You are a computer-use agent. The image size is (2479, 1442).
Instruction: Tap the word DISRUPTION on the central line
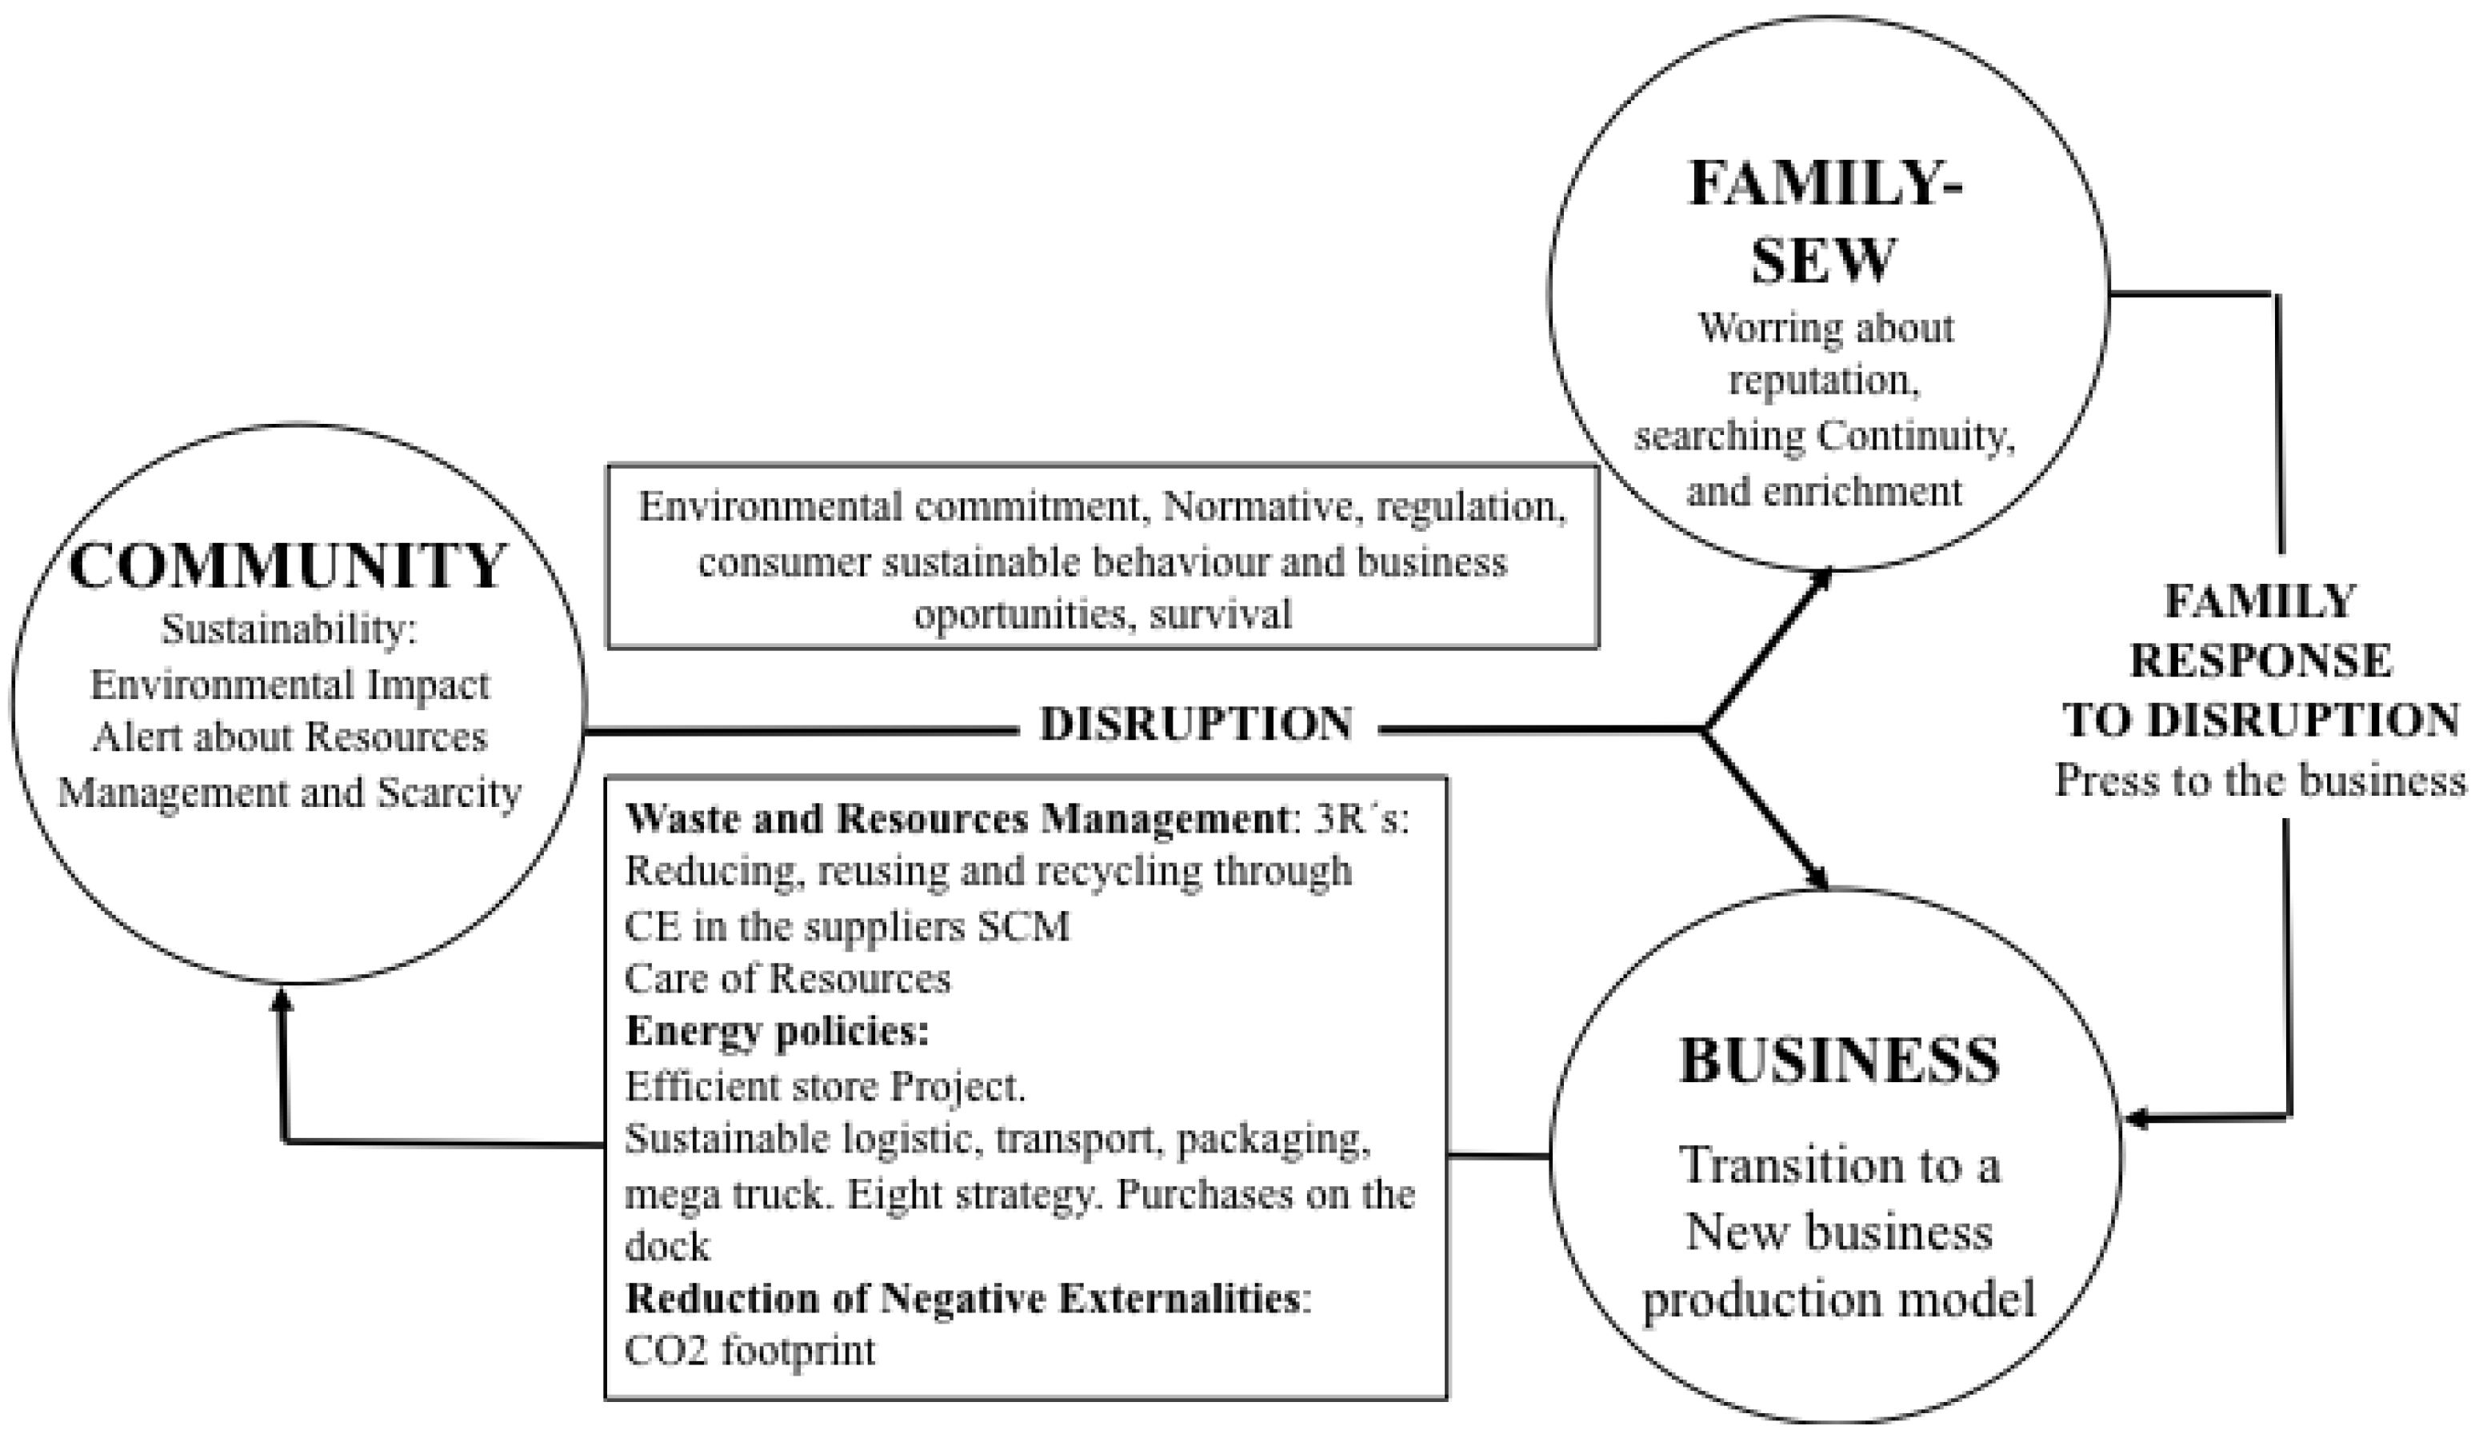(1196, 725)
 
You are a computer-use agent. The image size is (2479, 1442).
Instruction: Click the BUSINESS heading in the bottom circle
(1838, 1061)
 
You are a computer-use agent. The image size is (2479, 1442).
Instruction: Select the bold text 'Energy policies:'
(778, 1032)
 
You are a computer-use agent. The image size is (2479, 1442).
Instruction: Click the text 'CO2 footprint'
(750, 1351)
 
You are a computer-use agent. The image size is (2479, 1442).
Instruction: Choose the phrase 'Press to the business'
(2261, 781)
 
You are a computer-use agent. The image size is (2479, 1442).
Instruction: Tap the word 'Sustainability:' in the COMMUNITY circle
(290, 629)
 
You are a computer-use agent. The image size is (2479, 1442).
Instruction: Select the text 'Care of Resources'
(788, 979)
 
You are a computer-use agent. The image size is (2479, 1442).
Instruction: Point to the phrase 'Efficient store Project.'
(826, 1087)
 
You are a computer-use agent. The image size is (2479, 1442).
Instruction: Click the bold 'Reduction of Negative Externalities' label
(964, 1298)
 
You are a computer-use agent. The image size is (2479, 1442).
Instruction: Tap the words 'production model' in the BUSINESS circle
(1838, 1298)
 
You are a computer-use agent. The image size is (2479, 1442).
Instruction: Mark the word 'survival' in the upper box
(1220, 615)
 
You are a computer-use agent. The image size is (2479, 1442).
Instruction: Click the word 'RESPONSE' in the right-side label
(2261, 660)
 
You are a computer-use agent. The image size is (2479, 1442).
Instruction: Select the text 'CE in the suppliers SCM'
(847, 925)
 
